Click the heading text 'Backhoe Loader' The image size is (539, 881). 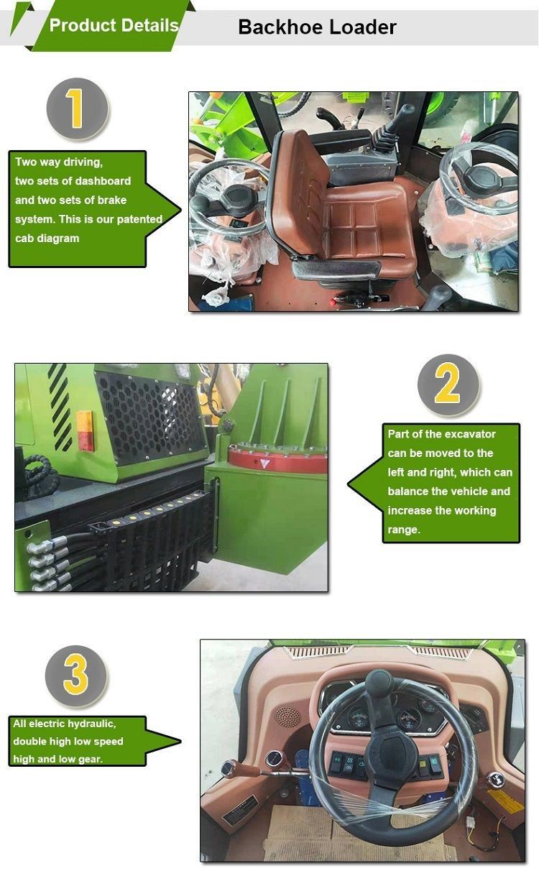pyautogui.click(x=317, y=27)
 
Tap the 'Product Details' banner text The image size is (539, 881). pyautogui.click(x=114, y=26)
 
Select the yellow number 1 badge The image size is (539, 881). pyautogui.click(x=77, y=109)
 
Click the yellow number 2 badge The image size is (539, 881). pyautogui.click(x=448, y=384)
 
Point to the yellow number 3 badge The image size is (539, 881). pyautogui.click(x=76, y=676)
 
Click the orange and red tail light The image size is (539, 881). pyautogui.click(x=85, y=430)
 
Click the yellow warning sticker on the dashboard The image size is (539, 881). pyautogui.click(x=505, y=801)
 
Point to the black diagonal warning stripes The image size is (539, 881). pyautogui.click(x=60, y=407)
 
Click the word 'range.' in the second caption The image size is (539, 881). pyautogui.click(x=404, y=530)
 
